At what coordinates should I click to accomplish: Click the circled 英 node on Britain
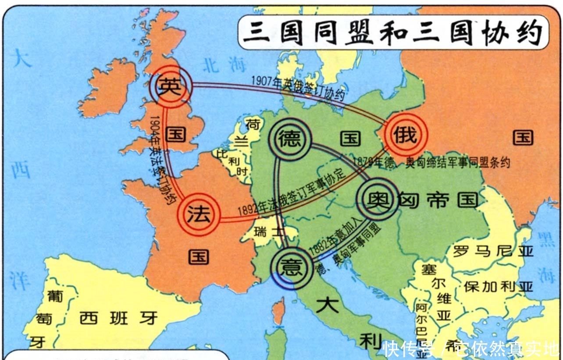click(169, 86)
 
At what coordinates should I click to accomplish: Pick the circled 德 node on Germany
click(290, 139)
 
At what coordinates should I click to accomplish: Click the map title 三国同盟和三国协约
click(393, 33)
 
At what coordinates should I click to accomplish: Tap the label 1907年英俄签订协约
click(298, 88)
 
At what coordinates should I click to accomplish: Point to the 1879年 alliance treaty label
click(431, 162)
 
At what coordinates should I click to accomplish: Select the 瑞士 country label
click(269, 232)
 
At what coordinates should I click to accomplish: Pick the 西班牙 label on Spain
click(118, 318)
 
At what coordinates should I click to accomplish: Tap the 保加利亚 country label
click(498, 286)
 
